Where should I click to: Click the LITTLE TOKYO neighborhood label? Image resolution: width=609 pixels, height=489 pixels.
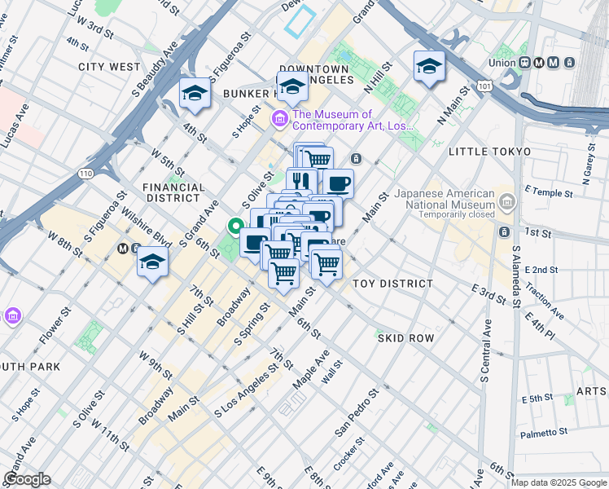pyautogui.click(x=489, y=152)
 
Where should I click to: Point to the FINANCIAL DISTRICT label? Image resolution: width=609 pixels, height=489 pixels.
pyautogui.click(x=172, y=192)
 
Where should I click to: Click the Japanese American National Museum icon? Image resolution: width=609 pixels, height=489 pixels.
pyautogui.click(x=507, y=200)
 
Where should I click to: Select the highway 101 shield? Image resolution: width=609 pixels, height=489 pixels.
pyautogui.click(x=485, y=84)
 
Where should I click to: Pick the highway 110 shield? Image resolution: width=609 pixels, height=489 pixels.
pyautogui.click(x=84, y=174)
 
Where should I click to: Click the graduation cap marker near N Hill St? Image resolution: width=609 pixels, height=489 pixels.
pyautogui.click(x=429, y=68)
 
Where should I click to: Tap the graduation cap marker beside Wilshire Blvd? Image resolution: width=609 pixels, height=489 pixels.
pyautogui.click(x=152, y=262)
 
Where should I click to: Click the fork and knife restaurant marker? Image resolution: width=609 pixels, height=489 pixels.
pyautogui.click(x=300, y=181)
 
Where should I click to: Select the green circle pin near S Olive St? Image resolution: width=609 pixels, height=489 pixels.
pyautogui.click(x=236, y=227)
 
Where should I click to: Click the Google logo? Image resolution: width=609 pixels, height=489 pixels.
pyautogui.click(x=26, y=479)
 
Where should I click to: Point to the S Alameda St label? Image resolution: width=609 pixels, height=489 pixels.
pyautogui.click(x=515, y=277)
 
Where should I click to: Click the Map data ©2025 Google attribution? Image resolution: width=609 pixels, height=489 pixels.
pyautogui.click(x=559, y=482)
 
